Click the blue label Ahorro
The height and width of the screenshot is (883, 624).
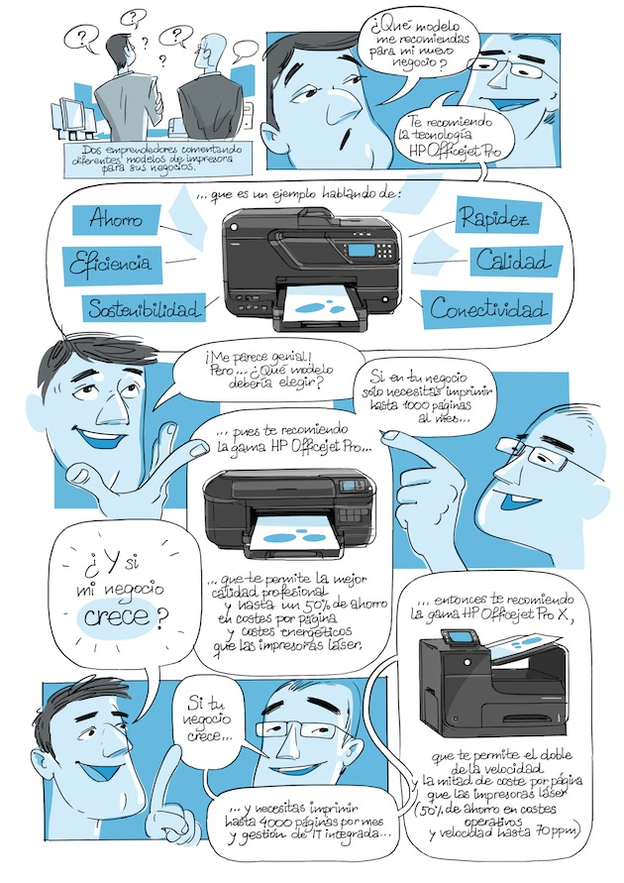[x=117, y=220]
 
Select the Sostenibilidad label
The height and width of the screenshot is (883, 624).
[x=144, y=308]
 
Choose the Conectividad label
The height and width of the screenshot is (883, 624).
[x=488, y=308]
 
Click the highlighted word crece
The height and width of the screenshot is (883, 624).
[x=118, y=616]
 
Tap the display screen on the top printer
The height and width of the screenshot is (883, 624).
[x=362, y=250]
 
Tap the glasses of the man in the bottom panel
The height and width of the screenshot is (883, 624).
[x=296, y=727]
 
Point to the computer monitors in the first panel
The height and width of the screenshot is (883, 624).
[x=73, y=117]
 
